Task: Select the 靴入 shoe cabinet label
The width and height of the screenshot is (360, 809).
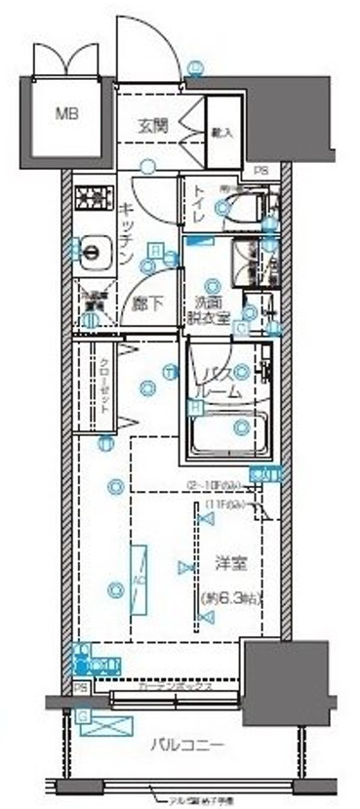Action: pos(220,130)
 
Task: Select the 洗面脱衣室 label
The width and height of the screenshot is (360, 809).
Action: pos(210,308)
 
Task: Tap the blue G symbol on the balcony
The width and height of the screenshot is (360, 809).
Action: pos(83,717)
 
